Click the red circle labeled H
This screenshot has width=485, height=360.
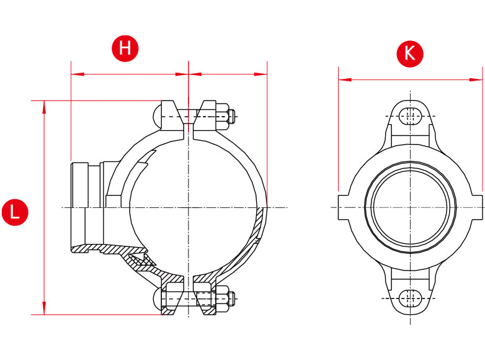[125, 48]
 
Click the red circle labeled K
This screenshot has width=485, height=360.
[410, 54]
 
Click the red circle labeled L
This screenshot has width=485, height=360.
[15, 212]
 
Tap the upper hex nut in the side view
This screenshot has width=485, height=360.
[223, 117]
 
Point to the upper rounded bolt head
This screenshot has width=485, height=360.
[158, 117]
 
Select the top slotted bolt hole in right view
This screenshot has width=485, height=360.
[410, 116]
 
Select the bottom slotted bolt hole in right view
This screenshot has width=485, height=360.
[410, 299]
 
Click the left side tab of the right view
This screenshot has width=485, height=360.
[344, 207]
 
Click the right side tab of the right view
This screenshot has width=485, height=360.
[477, 207]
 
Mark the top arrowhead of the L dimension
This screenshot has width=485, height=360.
[44, 107]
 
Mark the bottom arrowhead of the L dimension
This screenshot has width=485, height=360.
[44, 308]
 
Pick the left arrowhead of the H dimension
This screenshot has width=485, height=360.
[78, 74]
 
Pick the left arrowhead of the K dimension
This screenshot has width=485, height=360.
[345, 80]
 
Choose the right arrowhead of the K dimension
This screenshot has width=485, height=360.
[476, 80]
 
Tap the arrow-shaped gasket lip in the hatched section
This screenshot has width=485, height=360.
[143, 258]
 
